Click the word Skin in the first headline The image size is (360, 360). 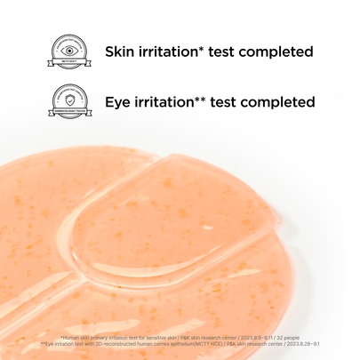click(121, 52)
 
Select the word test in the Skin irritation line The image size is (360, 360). click(226, 52)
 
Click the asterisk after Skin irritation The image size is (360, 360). click(204, 47)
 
